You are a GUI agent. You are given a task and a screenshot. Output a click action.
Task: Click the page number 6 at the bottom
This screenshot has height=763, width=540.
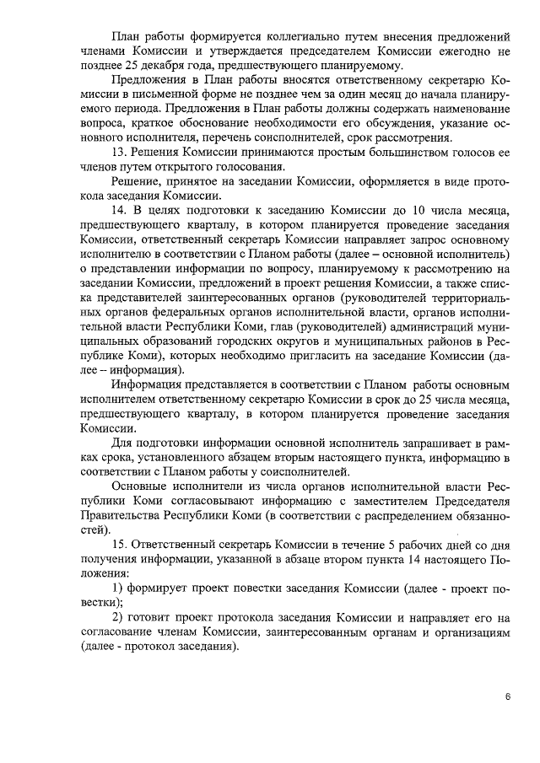508,697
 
